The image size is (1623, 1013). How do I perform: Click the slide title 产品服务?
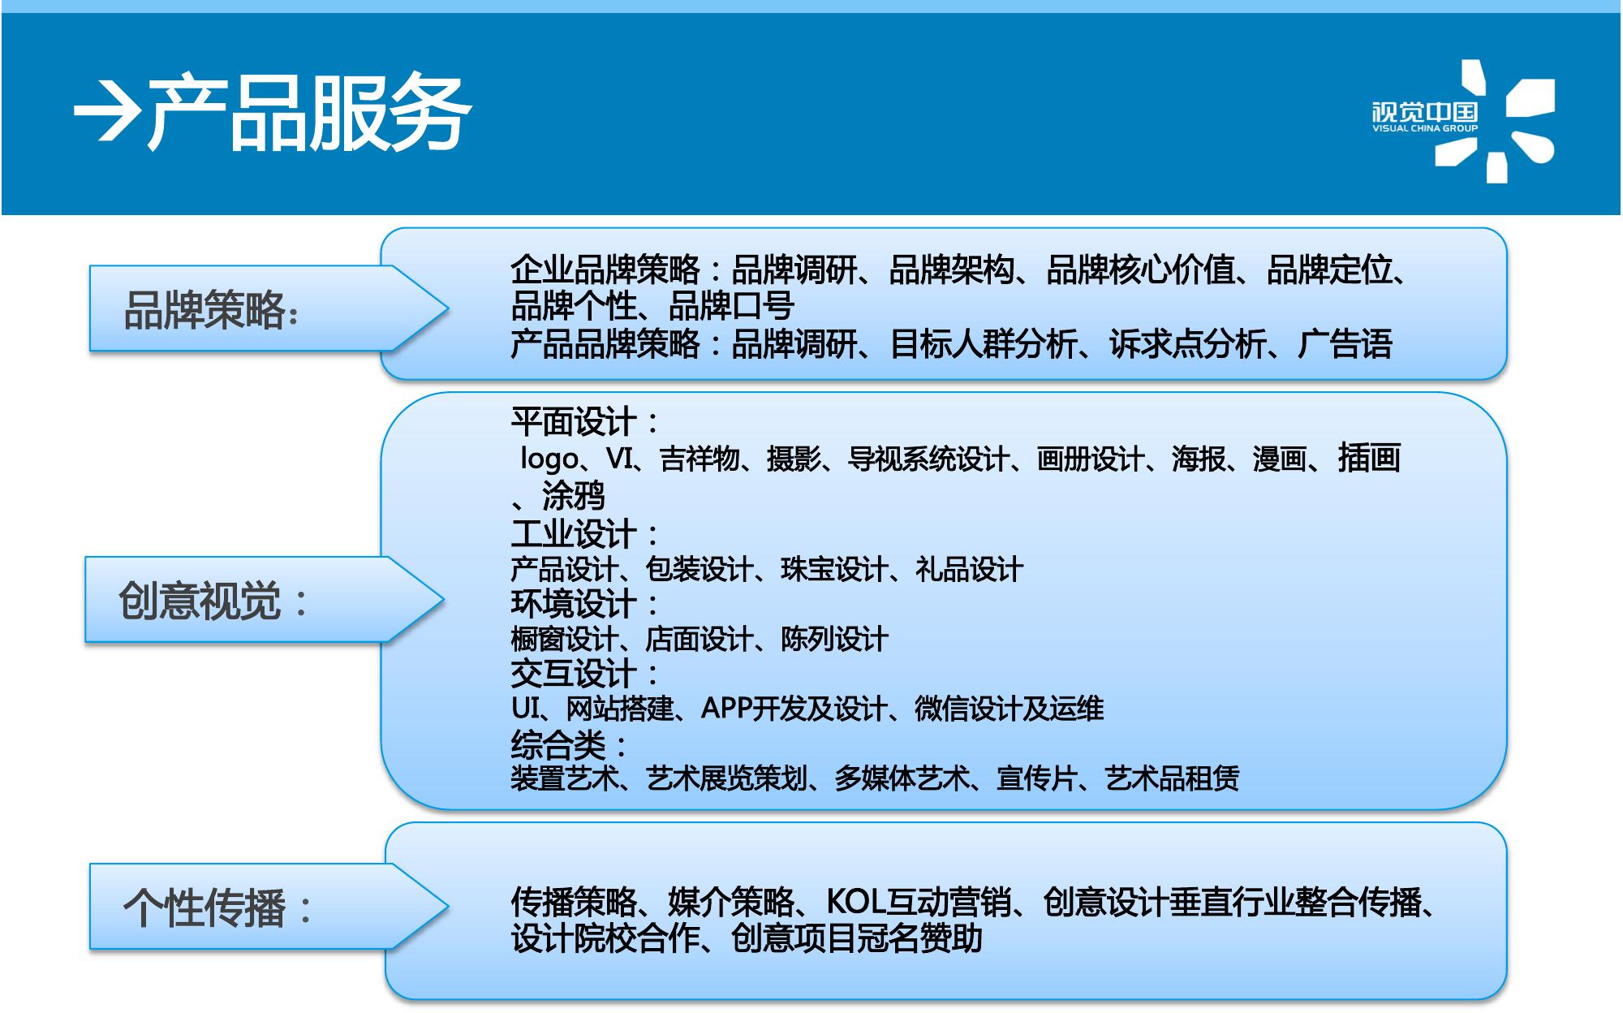308,114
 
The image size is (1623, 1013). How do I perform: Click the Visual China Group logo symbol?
1495,121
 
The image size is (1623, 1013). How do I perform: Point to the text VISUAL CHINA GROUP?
1425,128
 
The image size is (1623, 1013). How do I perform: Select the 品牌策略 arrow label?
268,308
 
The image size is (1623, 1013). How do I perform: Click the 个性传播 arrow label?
268,907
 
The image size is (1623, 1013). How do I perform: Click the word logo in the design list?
549,460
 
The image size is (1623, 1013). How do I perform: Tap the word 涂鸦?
574,495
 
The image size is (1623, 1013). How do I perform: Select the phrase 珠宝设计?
833,570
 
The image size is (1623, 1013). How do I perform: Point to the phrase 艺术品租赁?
1172,779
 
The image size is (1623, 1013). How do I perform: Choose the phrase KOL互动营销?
919,903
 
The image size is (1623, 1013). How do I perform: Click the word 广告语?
1345,344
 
